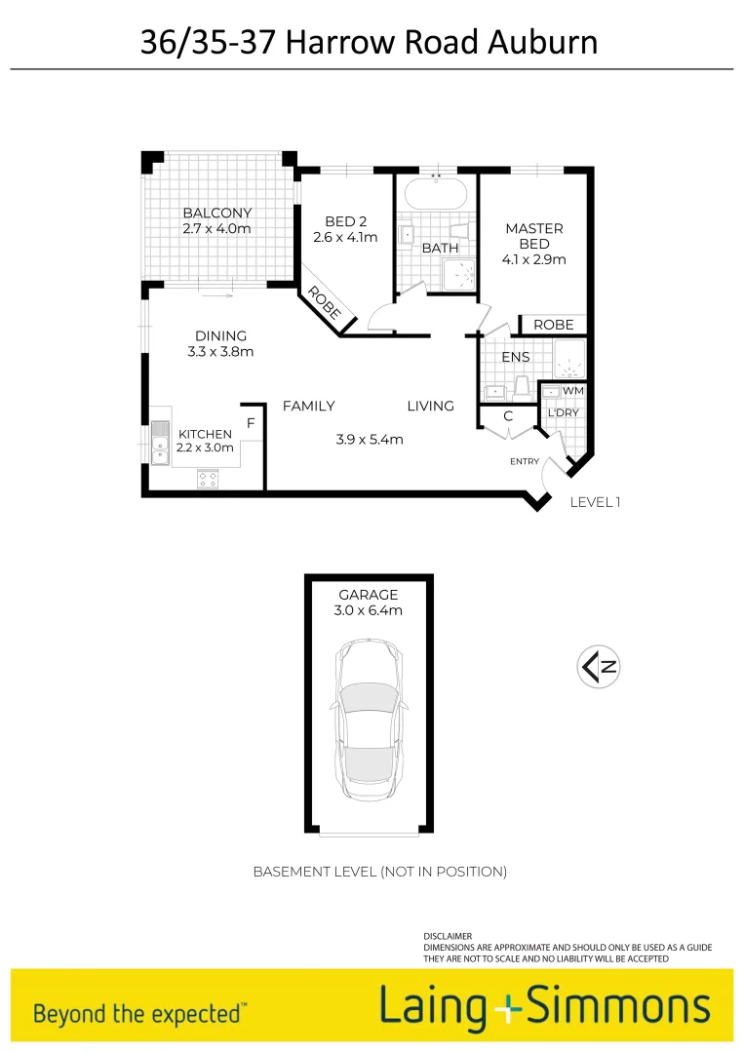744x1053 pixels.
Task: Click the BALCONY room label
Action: [216, 213]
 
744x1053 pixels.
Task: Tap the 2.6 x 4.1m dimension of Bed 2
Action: [345, 237]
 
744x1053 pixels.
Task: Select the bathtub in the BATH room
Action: [436, 192]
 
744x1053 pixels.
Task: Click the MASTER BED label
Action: [534, 236]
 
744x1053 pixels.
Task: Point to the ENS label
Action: [516, 358]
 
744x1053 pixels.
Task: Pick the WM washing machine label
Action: [573, 391]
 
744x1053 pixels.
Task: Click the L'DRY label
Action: [563, 413]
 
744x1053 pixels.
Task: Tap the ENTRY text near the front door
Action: [525, 461]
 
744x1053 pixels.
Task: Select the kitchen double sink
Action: [158, 442]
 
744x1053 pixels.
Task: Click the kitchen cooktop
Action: [209, 478]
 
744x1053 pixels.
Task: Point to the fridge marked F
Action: [251, 423]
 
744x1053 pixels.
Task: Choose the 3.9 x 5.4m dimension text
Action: [369, 440]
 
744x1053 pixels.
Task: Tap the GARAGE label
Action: [369, 595]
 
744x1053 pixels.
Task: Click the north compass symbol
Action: [600, 668]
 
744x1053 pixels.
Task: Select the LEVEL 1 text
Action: [595, 502]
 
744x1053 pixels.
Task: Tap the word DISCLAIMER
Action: [448, 936]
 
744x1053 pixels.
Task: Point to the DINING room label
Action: [220, 336]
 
